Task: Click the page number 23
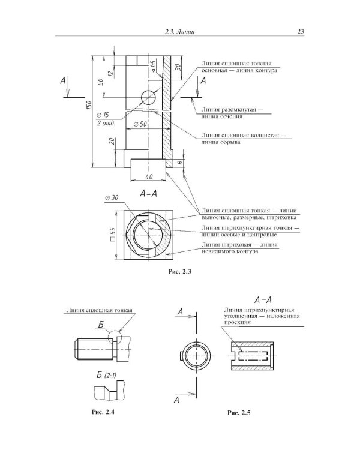pos(300,32)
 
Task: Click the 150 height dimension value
pos(89,106)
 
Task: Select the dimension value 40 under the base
pos(148,176)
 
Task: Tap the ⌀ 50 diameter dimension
pos(140,124)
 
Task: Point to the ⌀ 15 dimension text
pos(103,115)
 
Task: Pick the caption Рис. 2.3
pos(180,271)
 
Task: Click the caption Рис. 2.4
pos(103,412)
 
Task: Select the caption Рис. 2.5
pos(239,413)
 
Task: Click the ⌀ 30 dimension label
pos(112,198)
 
